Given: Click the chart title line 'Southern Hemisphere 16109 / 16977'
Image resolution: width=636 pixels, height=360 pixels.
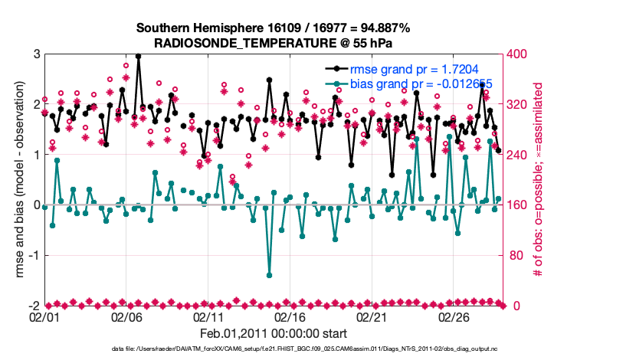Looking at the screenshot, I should coord(274,28).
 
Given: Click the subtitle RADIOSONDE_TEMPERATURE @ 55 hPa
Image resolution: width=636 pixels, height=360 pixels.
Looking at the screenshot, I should coord(274,43).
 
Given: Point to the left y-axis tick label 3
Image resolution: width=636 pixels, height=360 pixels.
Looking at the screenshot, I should coord(36,54).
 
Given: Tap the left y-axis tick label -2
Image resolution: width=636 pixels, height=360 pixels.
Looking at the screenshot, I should coord(34,306).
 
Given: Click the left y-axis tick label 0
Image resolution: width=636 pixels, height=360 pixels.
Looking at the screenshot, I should coord(36,205).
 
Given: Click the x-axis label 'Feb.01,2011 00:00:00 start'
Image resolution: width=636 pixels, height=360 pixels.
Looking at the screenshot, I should coord(274,333).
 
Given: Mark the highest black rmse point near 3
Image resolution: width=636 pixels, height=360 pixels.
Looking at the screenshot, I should coord(138,56).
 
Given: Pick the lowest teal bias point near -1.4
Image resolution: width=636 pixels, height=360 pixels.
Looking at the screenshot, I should coord(269,275).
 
